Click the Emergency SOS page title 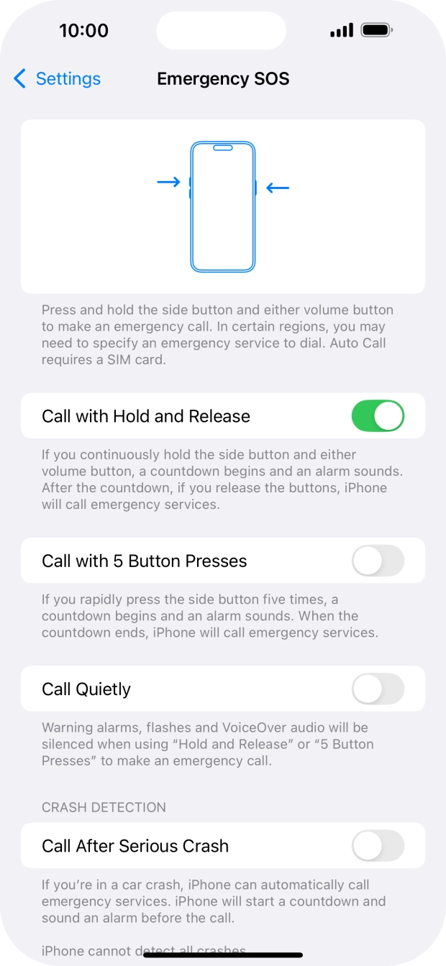[x=223, y=78]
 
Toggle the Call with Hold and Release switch [x=378, y=416]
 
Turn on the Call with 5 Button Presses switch [x=378, y=561]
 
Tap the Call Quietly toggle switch [x=378, y=689]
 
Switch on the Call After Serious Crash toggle [x=378, y=846]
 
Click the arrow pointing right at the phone [x=168, y=183]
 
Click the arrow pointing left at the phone [x=278, y=188]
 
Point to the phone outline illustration [x=223, y=216]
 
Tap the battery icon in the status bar [x=377, y=30]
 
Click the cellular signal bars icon [x=341, y=30]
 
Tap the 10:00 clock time [x=83, y=30]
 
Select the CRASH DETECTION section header [x=104, y=807]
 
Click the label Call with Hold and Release [x=146, y=416]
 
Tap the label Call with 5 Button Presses [x=144, y=561]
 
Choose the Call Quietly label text [x=86, y=689]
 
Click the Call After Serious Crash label [x=135, y=846]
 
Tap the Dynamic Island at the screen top [x=221, y=30]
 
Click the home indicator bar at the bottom [x=223, y=955]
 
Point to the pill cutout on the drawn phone [x=223, y=149]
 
